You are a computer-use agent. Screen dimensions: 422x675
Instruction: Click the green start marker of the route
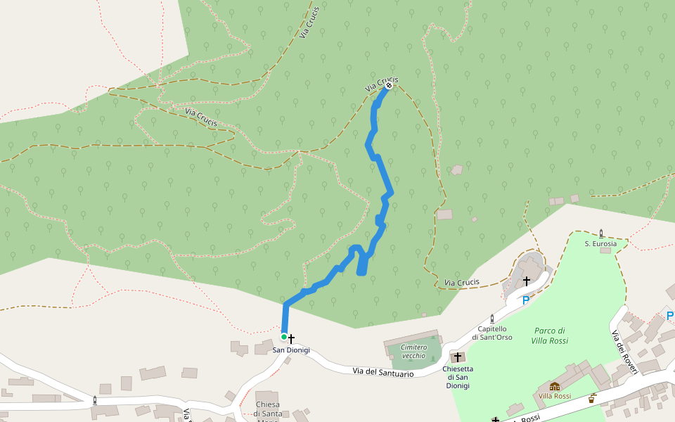coord(284,337)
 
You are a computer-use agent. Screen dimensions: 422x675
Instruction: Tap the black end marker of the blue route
coord(388,86)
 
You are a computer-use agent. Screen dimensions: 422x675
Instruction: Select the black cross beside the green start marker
coord(291,339)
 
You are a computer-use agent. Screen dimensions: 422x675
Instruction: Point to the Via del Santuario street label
coord(382,371)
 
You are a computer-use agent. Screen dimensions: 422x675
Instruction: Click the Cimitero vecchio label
coord(413,351)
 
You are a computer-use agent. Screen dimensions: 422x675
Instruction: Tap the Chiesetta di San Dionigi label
coord(458,377)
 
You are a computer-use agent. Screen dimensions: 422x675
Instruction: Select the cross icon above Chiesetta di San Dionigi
coord(458,357)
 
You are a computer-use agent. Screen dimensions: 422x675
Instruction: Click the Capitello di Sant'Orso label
coord(492,333)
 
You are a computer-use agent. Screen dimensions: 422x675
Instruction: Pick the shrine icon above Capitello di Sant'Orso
coord(492,319)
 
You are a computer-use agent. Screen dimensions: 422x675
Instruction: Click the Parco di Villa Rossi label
coord(549,335)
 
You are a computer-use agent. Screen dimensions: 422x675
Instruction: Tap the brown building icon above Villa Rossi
coord(555,386)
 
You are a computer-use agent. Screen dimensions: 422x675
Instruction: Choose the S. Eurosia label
coord(600,243)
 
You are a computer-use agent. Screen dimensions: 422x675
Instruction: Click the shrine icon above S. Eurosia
coord(601,232)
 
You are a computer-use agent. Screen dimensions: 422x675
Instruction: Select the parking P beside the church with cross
coord(525,300)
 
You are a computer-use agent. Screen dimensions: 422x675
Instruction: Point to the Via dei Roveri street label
coord(623,352)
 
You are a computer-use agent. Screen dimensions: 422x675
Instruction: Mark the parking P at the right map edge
coord(669,316)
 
